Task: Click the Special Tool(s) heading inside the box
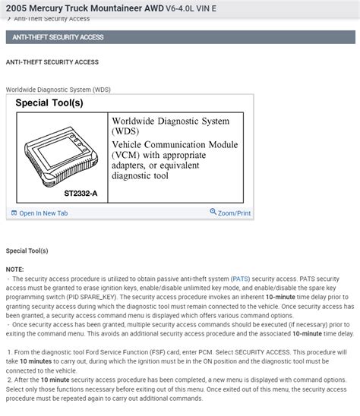point(49,102)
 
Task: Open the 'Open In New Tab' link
point(43,213)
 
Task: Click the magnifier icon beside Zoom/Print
point(213,213)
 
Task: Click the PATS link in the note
point(240,279)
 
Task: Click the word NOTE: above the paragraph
point(15,269)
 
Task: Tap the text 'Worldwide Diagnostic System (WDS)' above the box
point(58,89)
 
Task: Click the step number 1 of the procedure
point(9,353)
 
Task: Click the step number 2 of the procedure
point(9,379)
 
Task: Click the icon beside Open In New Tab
point(14,213)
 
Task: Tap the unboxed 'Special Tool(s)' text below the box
point(27,251)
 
